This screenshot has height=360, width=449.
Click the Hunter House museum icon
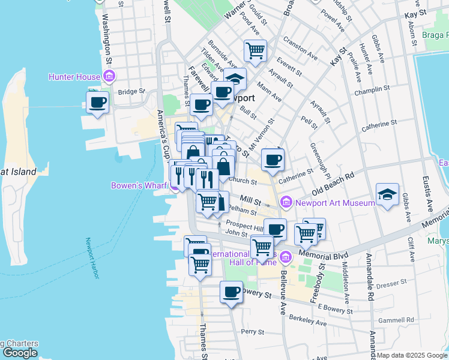click(109, 76)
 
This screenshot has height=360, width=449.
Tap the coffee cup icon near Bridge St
click(97, 101)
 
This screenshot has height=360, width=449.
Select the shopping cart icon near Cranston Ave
click(255, 51)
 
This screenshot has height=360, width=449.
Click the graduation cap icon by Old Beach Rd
click(387, 194)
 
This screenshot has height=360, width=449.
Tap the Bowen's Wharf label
click(139, 185)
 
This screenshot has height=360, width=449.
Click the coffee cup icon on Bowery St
click(231, 292)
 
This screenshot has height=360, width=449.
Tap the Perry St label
click(252, 332)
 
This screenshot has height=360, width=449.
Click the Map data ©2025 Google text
click(412, 355)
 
